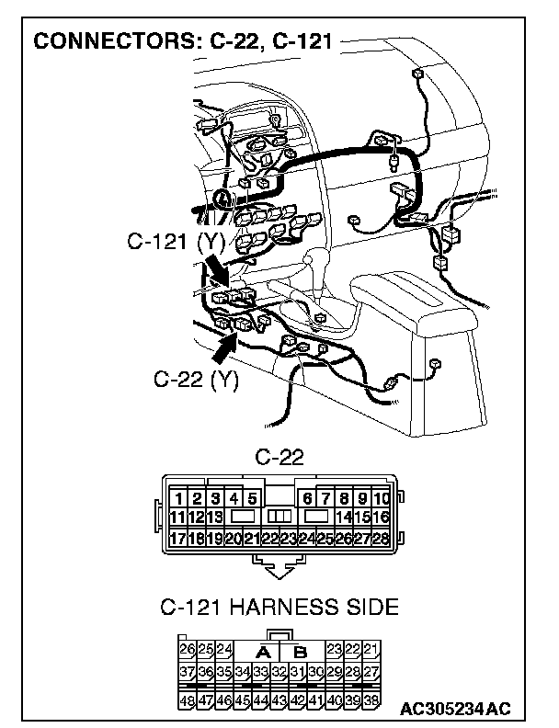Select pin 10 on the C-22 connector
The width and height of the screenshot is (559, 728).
pyautogui.click(x=382, y=499)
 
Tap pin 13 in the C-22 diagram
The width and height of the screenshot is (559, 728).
pyautogui.click(x=214, y=518)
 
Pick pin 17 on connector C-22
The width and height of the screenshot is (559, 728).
pyautogui.click(x=177, y=539)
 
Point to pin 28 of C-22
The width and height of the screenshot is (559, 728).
pyautogui.click(x=382, y=539)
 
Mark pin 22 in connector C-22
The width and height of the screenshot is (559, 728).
pyautogui.click(x=269, y=539)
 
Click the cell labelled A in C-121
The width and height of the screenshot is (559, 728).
pyautogui.click(x=262, y=652)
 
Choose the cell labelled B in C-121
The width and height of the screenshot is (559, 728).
pyautogui.click(x=299, y=652)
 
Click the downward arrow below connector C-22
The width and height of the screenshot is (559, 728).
pyautogui.click(x=279, y=570)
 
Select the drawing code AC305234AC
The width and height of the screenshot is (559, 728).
pyautogui.click(x=456, y=710)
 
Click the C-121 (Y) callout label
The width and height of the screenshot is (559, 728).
pyautogui.click(x=176, y=243)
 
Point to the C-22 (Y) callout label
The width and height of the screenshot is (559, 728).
pyautogui.click(x=196, y=380)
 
